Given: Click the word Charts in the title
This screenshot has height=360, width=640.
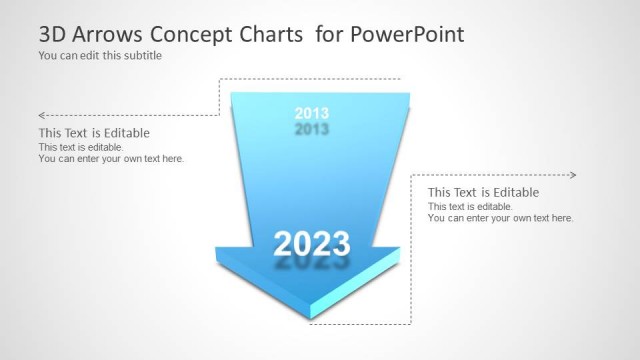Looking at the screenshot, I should tap(270, 35).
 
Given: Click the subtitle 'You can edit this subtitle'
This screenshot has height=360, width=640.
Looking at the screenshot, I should tap(100, 56).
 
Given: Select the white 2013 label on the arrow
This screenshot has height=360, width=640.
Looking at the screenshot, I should tap(312, 113).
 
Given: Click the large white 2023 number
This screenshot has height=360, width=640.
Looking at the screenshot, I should tap(312, 243).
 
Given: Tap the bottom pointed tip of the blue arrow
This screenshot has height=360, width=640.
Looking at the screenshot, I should tap(311, 322).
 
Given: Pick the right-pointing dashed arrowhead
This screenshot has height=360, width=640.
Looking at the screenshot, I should tap(573, 175).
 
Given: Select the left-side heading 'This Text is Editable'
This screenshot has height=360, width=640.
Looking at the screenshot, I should tap(94, 133).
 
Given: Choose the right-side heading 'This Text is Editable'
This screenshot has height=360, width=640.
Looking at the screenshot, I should tap(483, 192).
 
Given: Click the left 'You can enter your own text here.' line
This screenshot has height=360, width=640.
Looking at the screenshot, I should tap(111, 158).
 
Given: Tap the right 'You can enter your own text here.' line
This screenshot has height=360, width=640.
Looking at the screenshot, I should tap(500, 218).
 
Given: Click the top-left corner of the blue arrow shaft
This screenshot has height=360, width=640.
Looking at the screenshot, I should tap(232, 95).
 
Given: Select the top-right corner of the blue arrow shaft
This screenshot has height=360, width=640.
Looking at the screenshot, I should tap(410, 95).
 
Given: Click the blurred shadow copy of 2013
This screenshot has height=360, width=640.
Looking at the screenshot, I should tap(312, 130).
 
